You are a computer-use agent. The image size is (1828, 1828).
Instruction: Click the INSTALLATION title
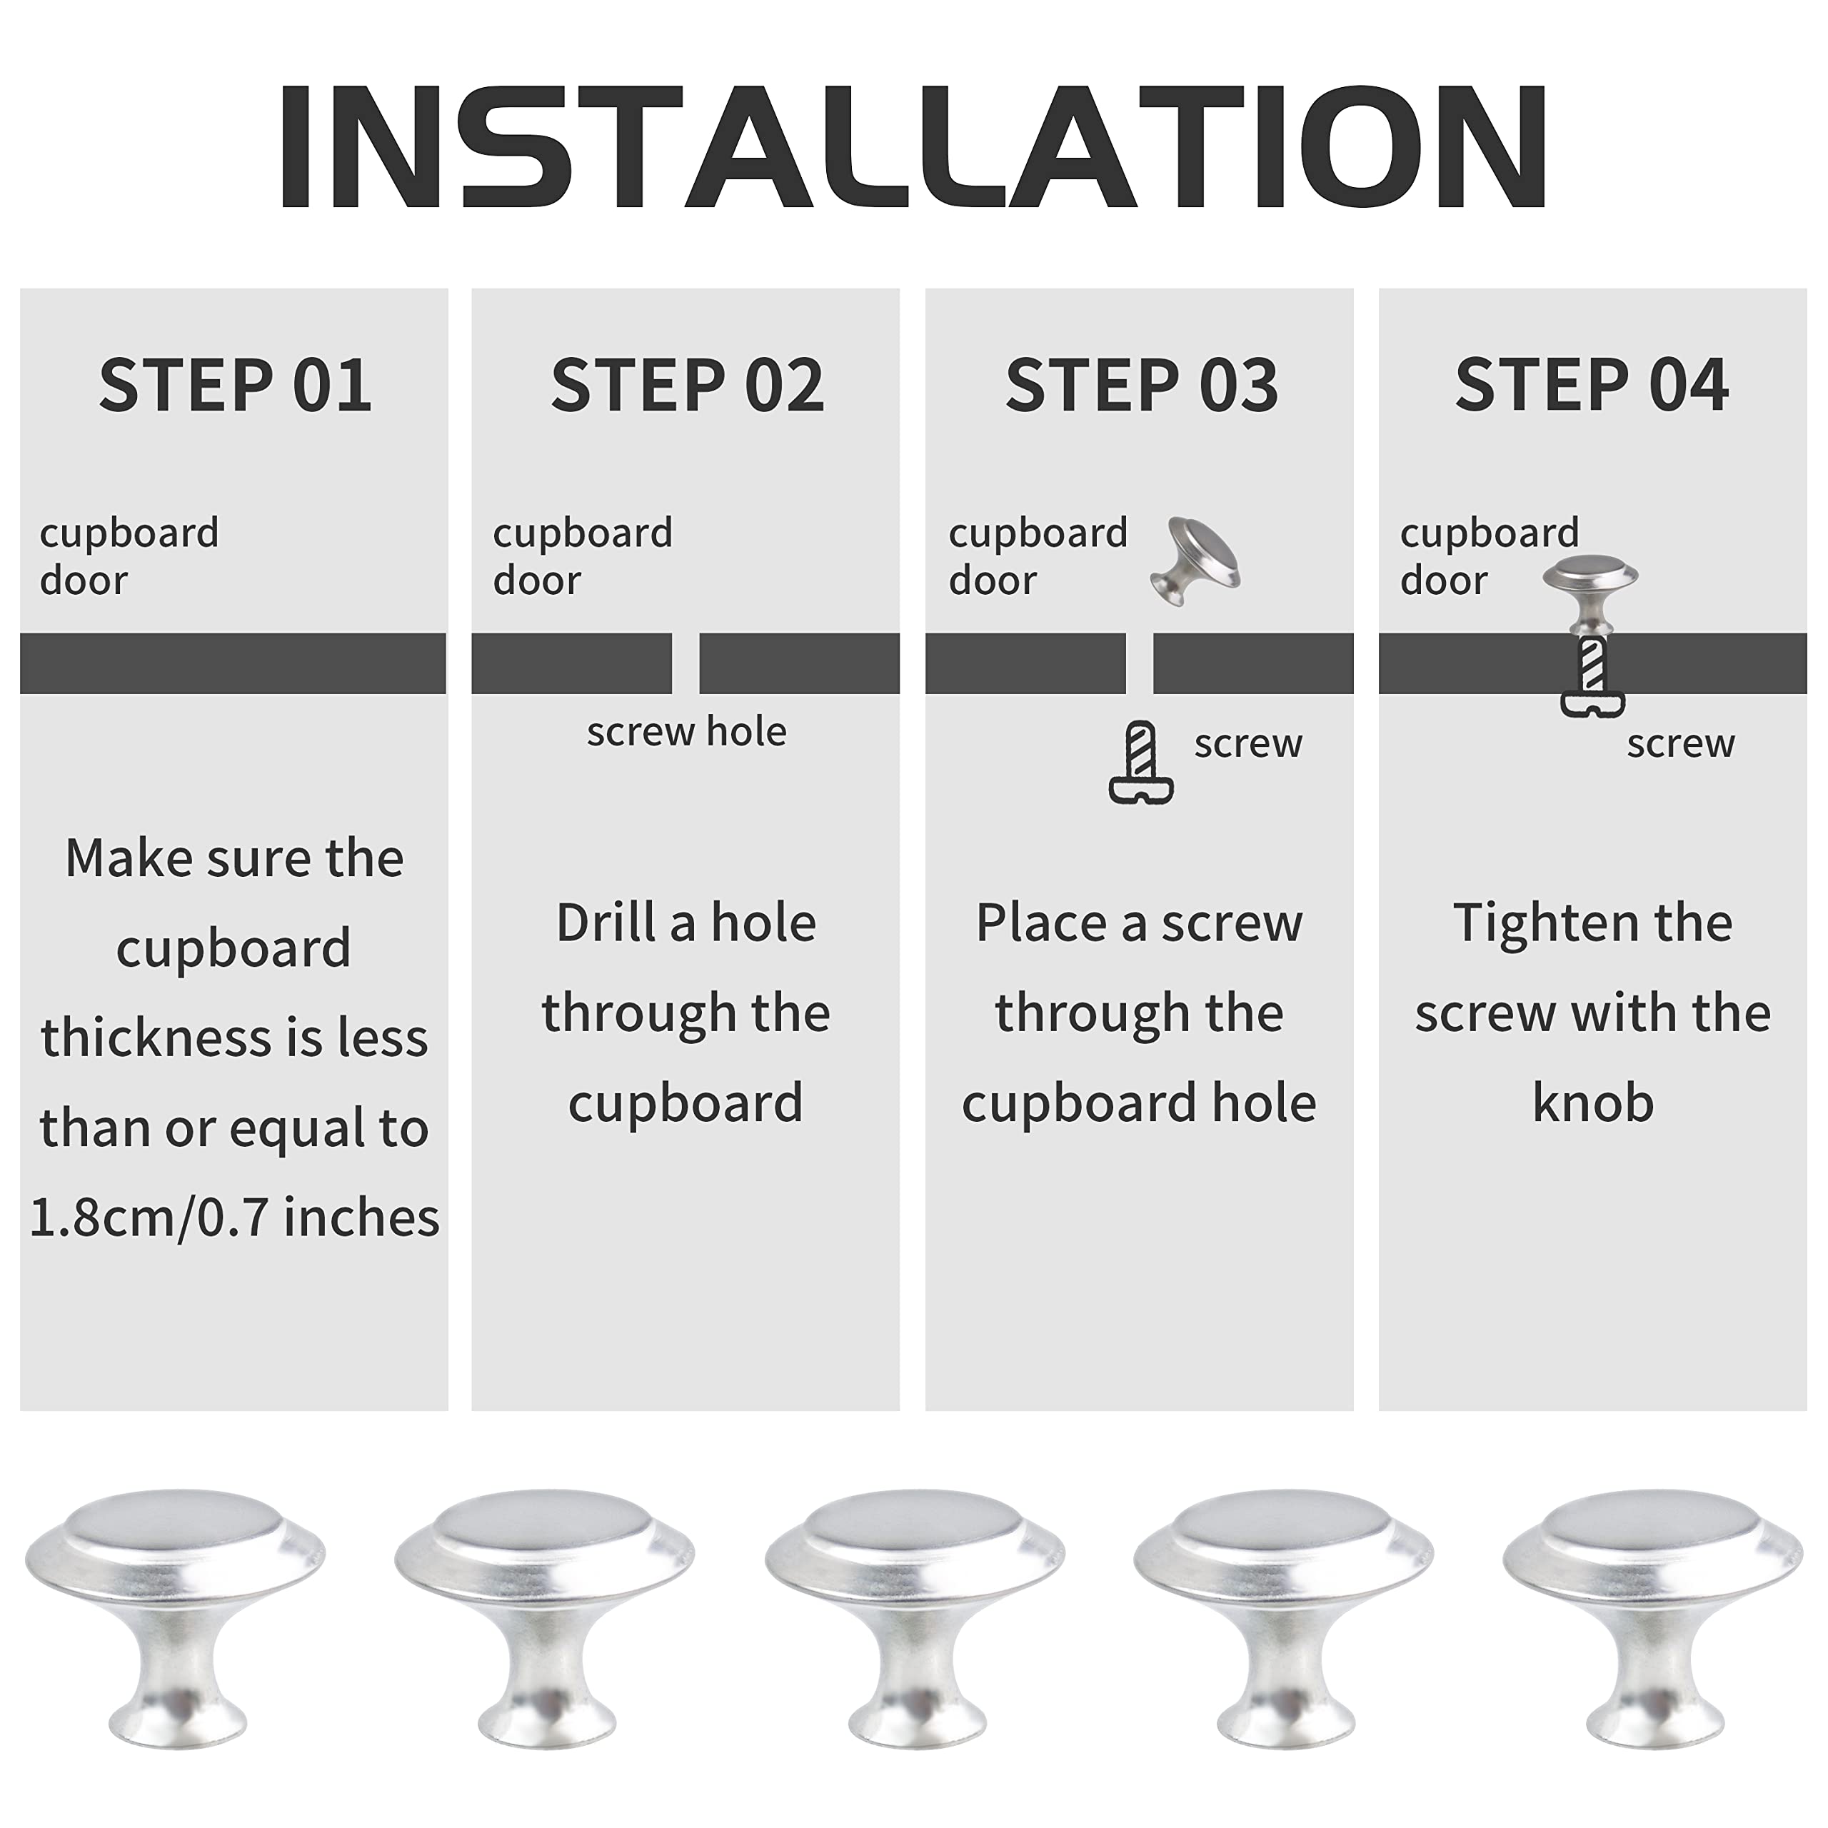tap(913, 146)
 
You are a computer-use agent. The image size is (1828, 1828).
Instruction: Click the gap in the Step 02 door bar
tap(685, 663)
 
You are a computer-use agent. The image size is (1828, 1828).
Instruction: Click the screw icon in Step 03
tap(1141, 763)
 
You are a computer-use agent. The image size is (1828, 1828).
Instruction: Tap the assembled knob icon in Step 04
tap(1590, 591)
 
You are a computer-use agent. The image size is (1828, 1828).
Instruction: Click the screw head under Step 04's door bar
tap(1592, 704)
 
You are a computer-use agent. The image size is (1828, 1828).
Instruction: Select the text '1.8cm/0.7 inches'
tap(235, 1217)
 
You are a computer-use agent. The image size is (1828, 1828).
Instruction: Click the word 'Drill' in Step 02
tap(606, 923)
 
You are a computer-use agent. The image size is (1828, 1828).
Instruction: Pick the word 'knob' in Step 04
tap(1592, 1103)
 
